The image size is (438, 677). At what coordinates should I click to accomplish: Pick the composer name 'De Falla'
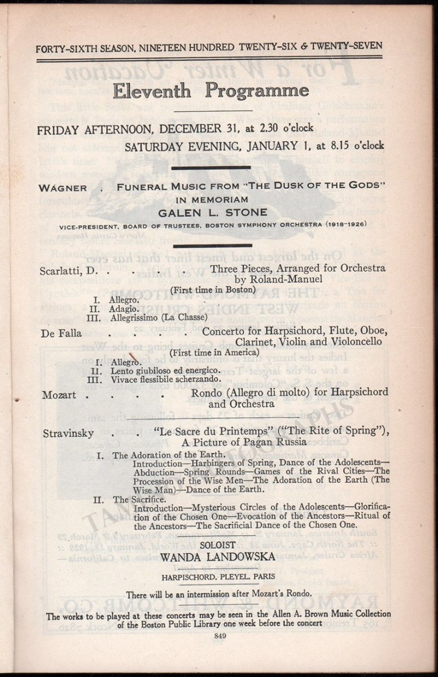click(62, 333)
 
